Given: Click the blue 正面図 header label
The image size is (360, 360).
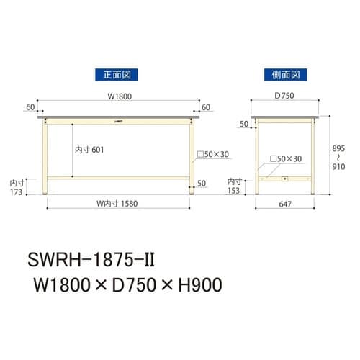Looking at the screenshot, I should tap(116, 74).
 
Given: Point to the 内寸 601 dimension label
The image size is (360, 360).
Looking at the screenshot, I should tap(91, 150).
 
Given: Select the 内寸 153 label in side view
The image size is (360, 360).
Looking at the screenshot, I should tap(235, 186).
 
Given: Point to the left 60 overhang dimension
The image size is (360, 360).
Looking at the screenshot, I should tap(30, 107).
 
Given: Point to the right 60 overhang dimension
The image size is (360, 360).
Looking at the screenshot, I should tap(207, 107).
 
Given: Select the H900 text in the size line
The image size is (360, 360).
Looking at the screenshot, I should tap(194, 284).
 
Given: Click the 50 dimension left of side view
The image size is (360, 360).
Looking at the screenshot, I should tap(243, 124).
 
